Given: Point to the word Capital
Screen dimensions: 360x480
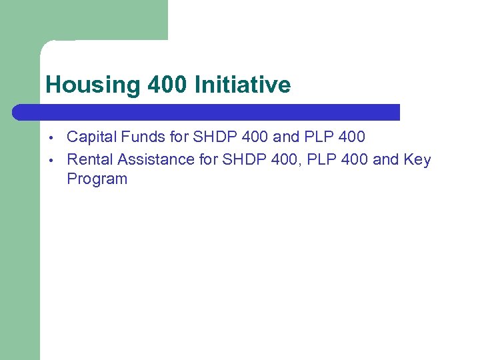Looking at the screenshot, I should click(91, 137).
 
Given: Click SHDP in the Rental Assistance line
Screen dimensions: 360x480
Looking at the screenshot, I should click(241, 160).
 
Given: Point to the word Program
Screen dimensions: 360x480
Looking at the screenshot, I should click(97, 179).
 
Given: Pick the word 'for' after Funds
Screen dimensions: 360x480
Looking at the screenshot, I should click(179, 137).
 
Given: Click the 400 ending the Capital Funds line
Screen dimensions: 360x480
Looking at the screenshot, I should click(352, 137).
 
